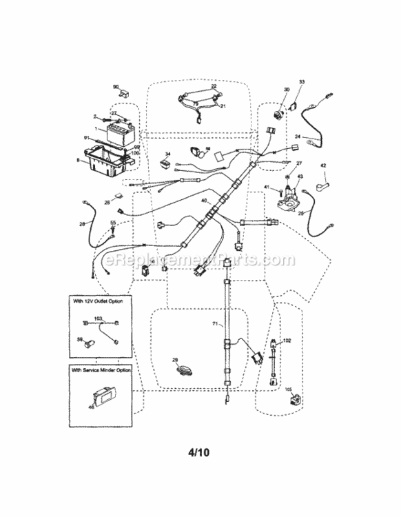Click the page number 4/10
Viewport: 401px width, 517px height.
tap(200, 454)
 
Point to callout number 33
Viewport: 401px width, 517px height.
tap(301, 83)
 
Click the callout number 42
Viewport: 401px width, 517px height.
tap(322, 165)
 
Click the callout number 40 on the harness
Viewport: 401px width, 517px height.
tap(204, 200)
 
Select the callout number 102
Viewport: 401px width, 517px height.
tap(287, 341)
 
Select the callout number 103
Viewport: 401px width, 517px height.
tap(98, 318)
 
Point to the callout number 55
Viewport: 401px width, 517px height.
tap(113, 223)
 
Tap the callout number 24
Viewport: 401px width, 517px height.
tap(298, 136)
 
